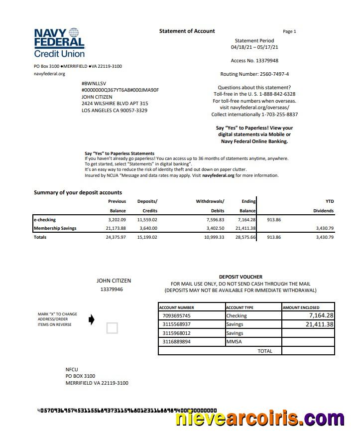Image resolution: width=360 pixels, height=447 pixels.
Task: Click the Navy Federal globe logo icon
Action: pos(74,33)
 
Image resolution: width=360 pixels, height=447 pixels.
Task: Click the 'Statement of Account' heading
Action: pos(187,31)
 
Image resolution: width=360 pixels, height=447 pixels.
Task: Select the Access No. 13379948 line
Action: pos(254,61)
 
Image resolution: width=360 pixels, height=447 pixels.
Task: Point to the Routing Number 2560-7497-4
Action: pos(254,74)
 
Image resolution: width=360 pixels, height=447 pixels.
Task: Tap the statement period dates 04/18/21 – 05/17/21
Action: pos(254,47)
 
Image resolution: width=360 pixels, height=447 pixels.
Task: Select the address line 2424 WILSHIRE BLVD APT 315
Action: pos(115,104)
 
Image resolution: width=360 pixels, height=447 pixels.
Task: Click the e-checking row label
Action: pos(45,220)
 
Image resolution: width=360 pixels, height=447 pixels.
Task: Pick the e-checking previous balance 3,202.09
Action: pos(117,220)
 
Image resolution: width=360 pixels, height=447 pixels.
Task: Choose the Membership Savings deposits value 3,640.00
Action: pos(147,228)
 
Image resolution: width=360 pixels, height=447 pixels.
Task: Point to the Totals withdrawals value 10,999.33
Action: pos(214,237)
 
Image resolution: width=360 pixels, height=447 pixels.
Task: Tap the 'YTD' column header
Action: pos(330,201)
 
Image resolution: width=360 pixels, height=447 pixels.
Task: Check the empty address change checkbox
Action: pos(113,328)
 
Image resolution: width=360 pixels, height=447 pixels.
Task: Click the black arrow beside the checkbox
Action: pos(91,319)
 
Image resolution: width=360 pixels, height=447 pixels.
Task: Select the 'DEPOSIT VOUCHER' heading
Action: pos(240,277)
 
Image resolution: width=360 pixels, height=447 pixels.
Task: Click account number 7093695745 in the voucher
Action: pos(177,316)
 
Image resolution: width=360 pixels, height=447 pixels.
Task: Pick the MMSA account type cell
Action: pos(234,342)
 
